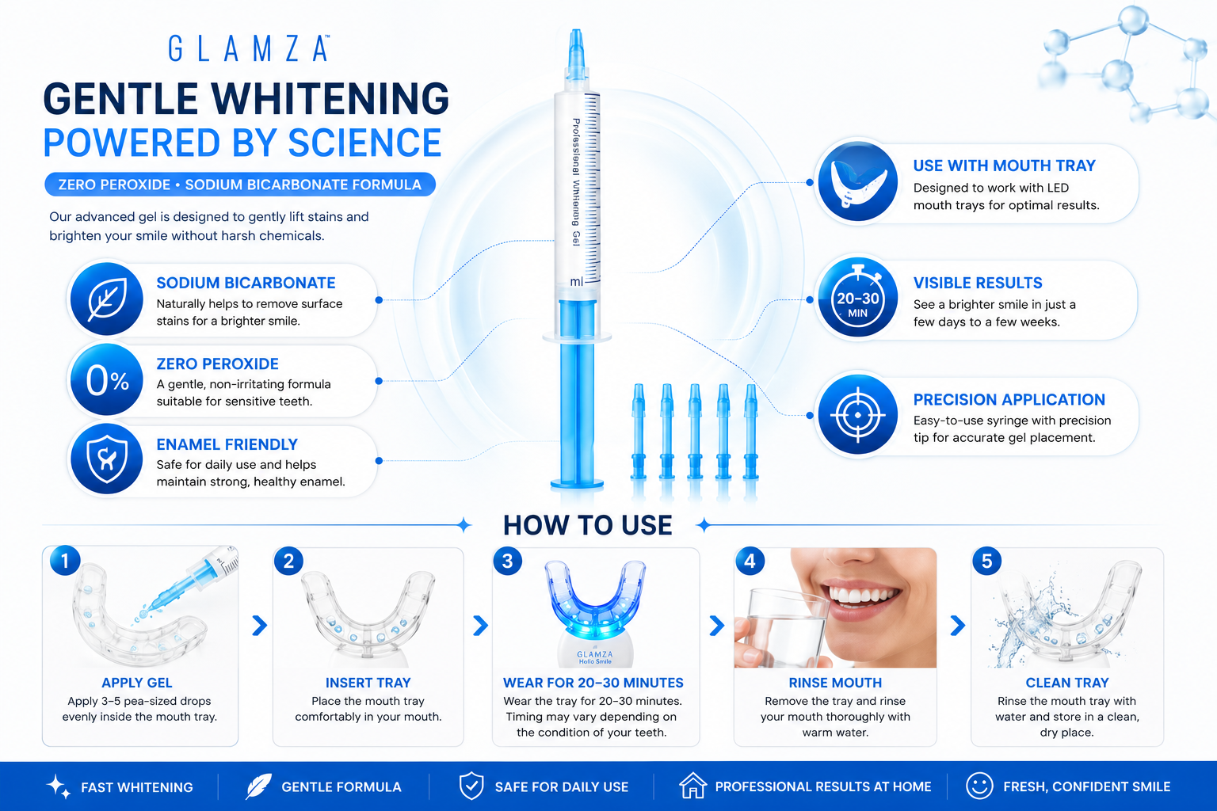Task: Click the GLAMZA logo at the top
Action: [x=249, y=48]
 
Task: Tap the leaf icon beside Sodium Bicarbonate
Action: [x=107, y=299]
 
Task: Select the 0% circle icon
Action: [x=107, y=379]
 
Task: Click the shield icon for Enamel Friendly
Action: [x=107, y=459]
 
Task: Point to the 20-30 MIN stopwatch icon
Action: [x=858, y=298]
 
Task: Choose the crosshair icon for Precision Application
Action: [x=858, y=415]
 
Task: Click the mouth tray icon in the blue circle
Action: [x=858, y=181]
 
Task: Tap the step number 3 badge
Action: [x=507, y=562]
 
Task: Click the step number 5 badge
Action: [x=986, y=562]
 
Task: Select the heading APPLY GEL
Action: [x=137, y=683]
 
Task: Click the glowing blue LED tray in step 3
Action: [x=595, y=602]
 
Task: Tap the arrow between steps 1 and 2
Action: [x=260, y=625]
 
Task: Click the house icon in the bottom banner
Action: [x=692, y=786]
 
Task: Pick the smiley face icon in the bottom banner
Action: [x=979, y=786]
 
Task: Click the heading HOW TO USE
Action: [x=587, y=525]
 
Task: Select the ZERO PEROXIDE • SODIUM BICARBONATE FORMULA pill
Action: [x=239, y=185]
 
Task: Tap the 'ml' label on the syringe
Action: [x=577, y=281]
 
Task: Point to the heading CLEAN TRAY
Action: [x=1067, y=683]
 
